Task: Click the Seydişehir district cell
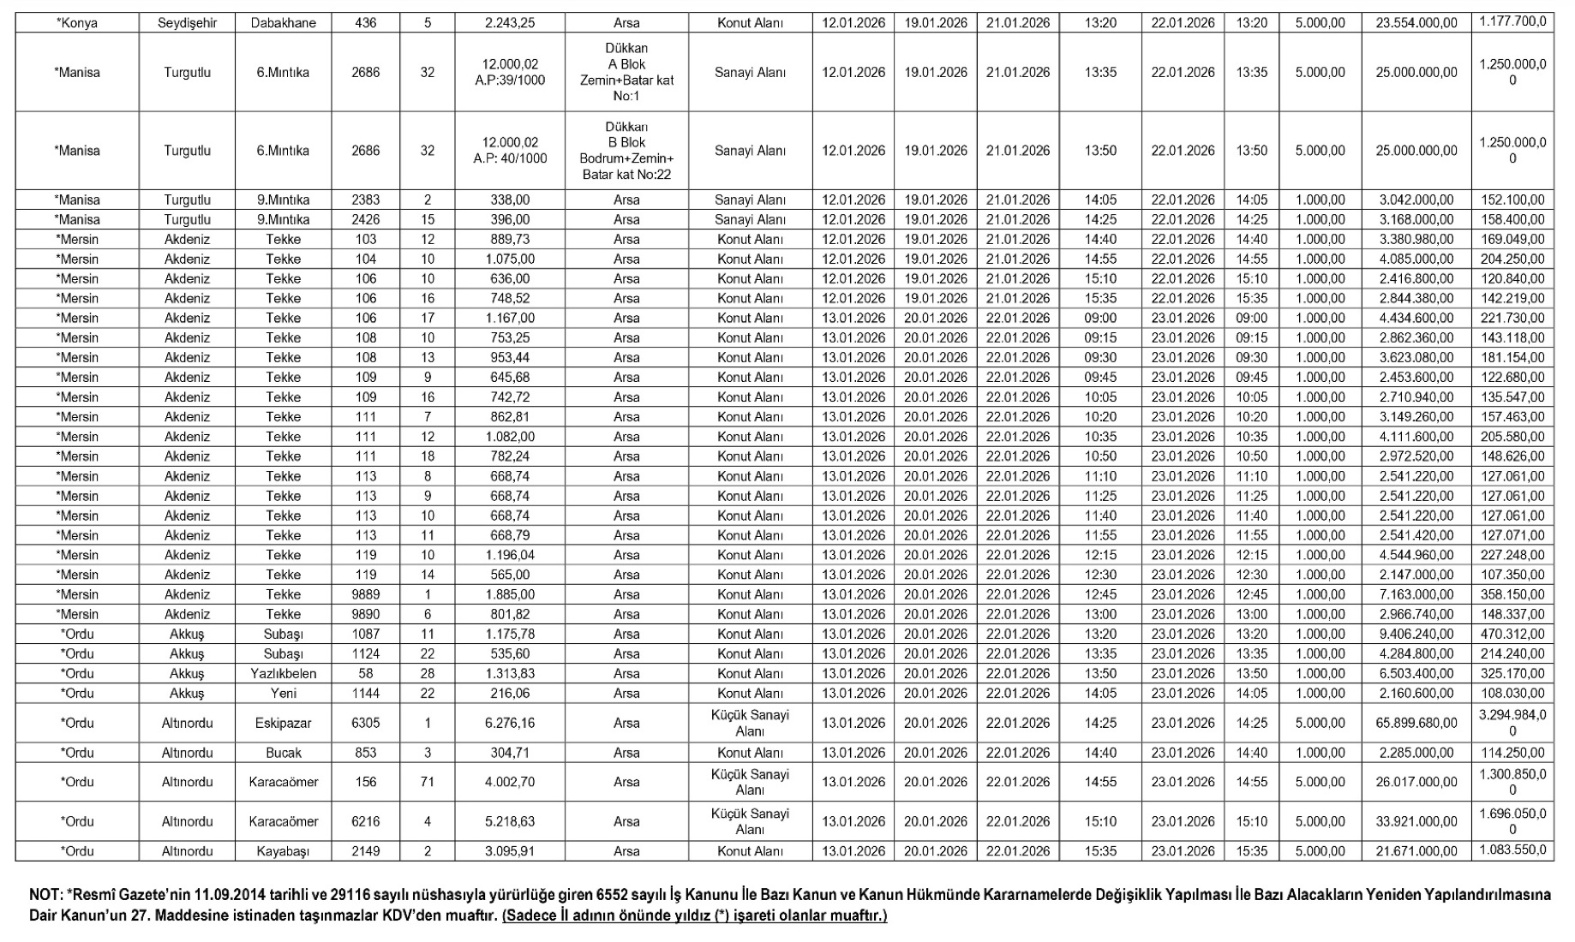pos(187,23)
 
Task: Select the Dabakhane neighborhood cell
pos(283,23)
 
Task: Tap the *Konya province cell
pos(77,23)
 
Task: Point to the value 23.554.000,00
pos(1416,23)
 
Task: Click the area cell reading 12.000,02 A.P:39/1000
pos(509,73)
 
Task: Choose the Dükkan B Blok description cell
pos(626,151)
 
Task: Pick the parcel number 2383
pos(365,200)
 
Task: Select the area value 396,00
pos(509,219)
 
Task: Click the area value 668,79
pos(509,535)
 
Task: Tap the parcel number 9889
pos(365,594)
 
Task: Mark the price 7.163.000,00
pos(1416,594)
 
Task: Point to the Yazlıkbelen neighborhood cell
pos(283,673)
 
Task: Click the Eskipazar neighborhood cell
pos(283,723)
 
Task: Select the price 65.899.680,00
pos(1416,723)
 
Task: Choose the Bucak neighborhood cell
pos(283,753)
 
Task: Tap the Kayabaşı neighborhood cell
pos(283,851)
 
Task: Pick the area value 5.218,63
pos(509,821)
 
